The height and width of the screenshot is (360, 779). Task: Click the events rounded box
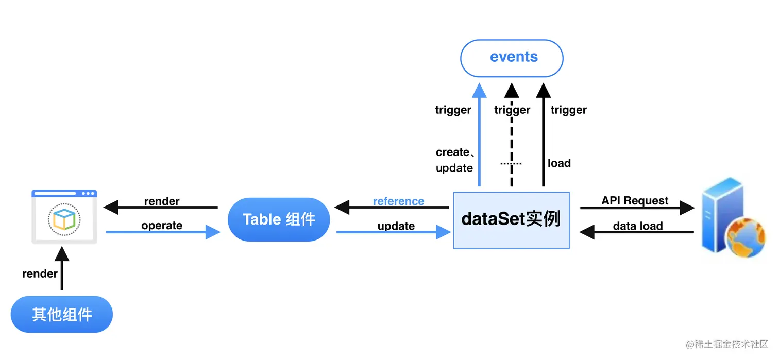(511, 58)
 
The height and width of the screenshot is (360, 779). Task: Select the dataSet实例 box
(511, 220)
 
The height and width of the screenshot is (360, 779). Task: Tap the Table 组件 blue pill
(279, 220)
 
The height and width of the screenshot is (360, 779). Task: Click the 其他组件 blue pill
(62, 314)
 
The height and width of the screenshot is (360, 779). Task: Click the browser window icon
(64, 217)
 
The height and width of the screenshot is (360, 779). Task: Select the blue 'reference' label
(398, 201)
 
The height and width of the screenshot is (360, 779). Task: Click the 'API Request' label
(635, 200)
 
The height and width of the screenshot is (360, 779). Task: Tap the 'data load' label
(637, 226)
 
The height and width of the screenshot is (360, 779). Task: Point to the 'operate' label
(162, 225)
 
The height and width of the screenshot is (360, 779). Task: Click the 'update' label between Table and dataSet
(396, 226)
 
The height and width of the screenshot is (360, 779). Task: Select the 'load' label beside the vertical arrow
(559, 163)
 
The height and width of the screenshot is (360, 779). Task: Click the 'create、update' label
(454, 160)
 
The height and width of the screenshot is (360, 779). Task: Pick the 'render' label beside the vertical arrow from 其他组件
(40, 273)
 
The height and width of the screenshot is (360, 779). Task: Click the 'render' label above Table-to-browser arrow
(162, 201)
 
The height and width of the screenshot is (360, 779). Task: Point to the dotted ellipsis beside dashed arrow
(511, 163)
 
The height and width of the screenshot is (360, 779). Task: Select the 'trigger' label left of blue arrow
(453, 110)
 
